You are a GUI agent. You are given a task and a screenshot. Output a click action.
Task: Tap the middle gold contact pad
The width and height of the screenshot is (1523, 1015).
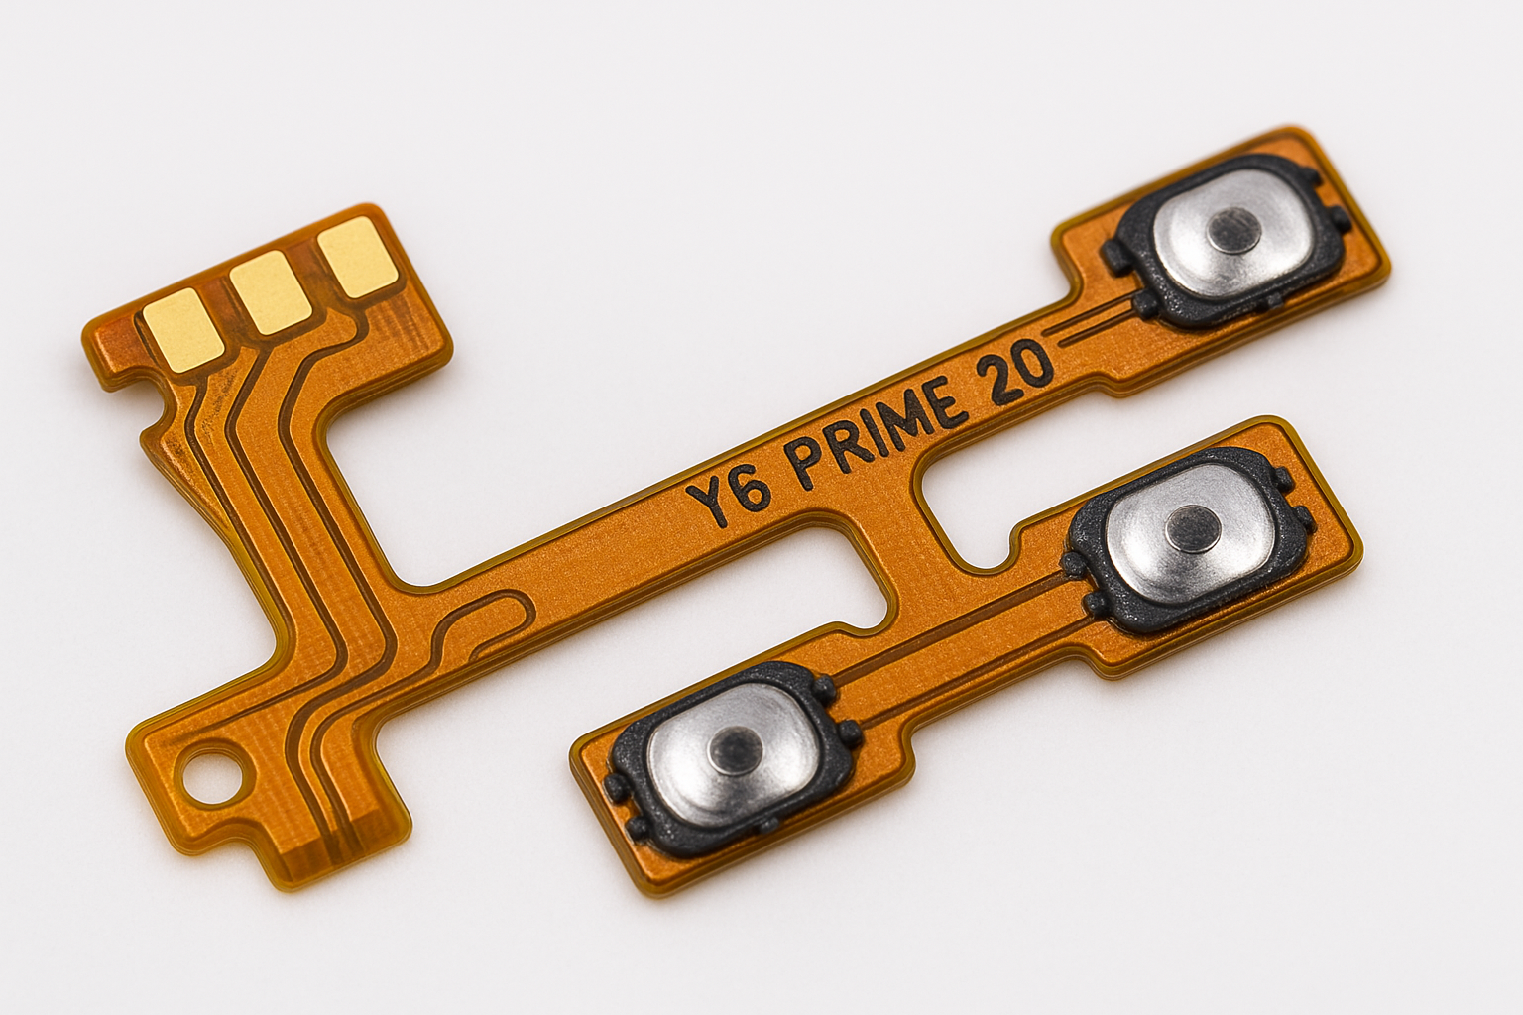pyautogui.click(x=272, y=292)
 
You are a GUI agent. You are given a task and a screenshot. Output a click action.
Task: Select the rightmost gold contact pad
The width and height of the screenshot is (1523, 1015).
pyautogui.click(x=358, y=258)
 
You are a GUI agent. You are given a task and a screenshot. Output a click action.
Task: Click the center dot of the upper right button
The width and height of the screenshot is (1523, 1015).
pyautogui.click(x=1234, y=228)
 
